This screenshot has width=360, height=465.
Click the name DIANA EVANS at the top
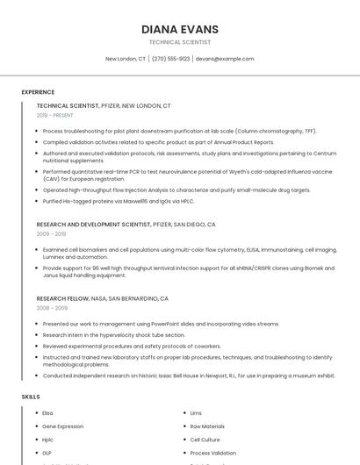click(x=180, y=30)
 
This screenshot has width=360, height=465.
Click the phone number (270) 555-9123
click(x=170, y=59)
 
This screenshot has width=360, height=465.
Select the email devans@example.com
click(x=225, y=59)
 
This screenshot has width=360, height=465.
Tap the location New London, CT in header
click(x=126, y=59)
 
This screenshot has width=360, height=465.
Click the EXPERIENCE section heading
click(x=38, y=92)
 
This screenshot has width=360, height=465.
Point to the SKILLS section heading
click(x=31, y=397)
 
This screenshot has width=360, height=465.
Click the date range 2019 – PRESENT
click(x=55, y=115)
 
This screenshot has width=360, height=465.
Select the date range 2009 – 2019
click(x=51, y=234)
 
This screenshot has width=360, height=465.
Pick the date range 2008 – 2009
click(x=52, y=308)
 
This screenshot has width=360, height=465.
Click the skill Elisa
click(x=47, y=413)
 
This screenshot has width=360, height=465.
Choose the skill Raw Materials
click(x=207, y=426)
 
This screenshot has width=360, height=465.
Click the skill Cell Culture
click(x=205, y=440)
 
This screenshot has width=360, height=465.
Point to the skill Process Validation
click(x=212, y=453)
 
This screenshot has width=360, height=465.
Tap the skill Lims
click(x=196, y=413)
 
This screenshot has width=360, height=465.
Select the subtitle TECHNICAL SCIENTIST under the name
click(x=180, y=42)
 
